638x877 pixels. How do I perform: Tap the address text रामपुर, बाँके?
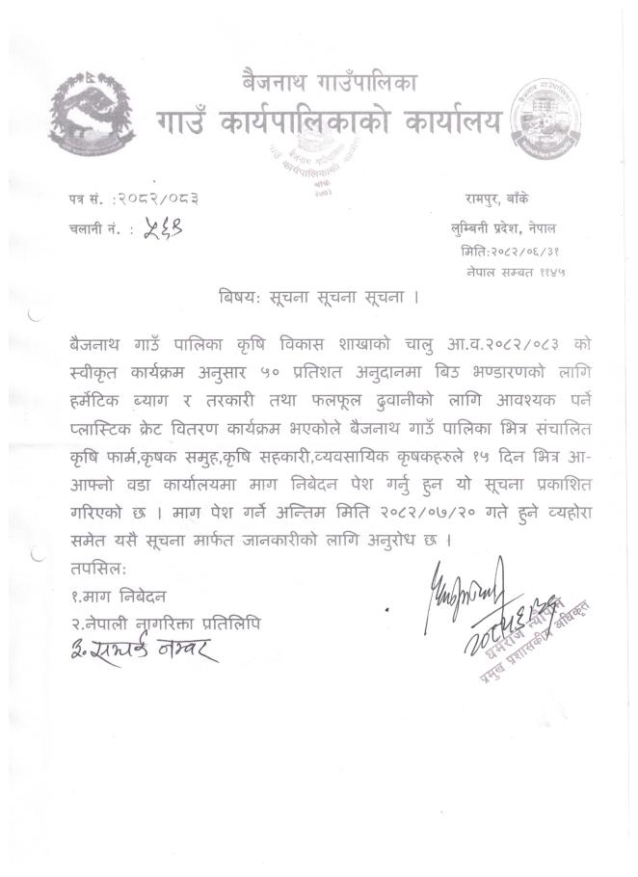coord(513,199)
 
